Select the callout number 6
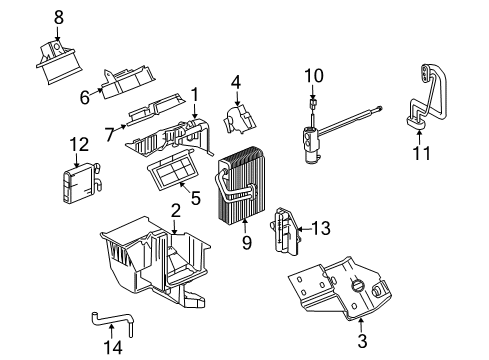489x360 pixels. (x=85, y=97)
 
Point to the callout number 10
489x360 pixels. (x=313, y=75)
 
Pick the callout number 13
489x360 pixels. (x=320, y=229)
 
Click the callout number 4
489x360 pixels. (x=235, y=81)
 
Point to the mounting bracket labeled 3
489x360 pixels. (x=335, y=285)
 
